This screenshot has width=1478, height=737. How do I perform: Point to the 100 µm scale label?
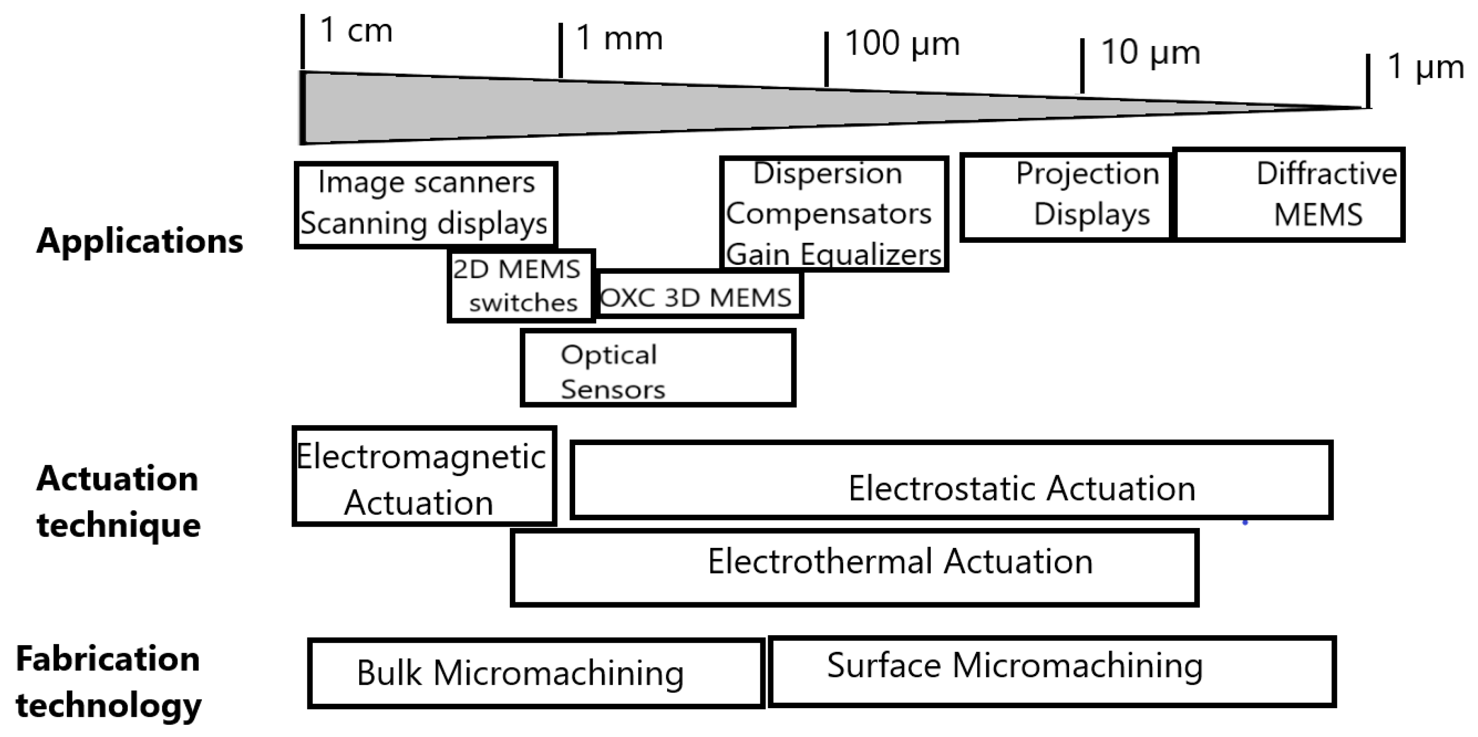click(x=902, y=44)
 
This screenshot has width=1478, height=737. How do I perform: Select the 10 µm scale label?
click(x=1150, y=52)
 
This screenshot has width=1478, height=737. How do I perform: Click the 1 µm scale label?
click(x=1425, y=67)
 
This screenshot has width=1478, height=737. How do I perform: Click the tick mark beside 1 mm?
click(x=561, y=50)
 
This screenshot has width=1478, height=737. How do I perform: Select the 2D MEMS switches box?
click(x=521, y=286)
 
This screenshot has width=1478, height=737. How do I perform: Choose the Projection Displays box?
click(x=1066, y=196)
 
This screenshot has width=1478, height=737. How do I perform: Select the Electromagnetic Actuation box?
click(x=423, y=477)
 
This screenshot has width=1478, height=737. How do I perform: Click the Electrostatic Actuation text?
click(x=1021, y=489)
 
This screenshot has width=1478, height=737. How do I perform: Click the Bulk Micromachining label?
click(x=520, y=673)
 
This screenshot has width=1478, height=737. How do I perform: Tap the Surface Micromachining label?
click(x=1014, y=666)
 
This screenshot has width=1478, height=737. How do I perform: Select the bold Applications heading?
click(x=139, y=241)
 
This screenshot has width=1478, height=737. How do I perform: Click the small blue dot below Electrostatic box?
click(x=1245, y=523)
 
